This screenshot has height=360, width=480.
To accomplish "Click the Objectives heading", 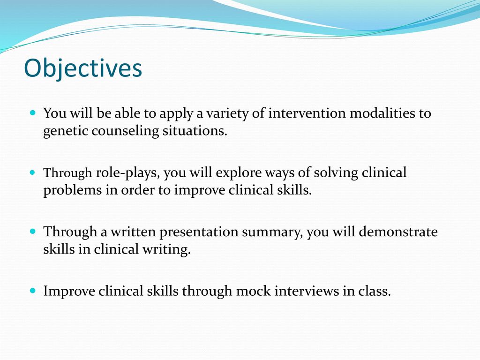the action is pyautogui.click(x=83, y=68).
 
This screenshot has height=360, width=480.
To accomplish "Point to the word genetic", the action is pyautogui.click(x=65, y=131).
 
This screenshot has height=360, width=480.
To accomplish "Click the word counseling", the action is pyautogui.click(x=125, y=131).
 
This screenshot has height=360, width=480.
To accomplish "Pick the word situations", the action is pyautogui.click(x=195, y=131).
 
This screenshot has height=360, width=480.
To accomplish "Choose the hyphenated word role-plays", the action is pyautogui.click(x=128, y=172).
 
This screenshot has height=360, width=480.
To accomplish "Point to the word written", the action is pyautogui.click(x=133, y=232).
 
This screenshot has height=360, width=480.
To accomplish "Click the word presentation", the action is pyautogui.click(x=199, y=232).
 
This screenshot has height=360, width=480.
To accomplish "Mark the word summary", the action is pyautogui.click(x=272, y=232).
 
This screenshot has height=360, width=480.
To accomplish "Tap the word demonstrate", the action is pyautogui.click(x=398, y=232).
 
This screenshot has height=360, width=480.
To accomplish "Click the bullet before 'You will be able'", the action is pyautogui.click(x=33, y=112).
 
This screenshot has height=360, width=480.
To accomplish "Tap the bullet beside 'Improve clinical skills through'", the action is pyautogui.click(x=33, y=290).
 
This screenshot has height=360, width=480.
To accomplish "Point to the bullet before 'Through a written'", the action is pyautogui.click(x=33, y=231).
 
